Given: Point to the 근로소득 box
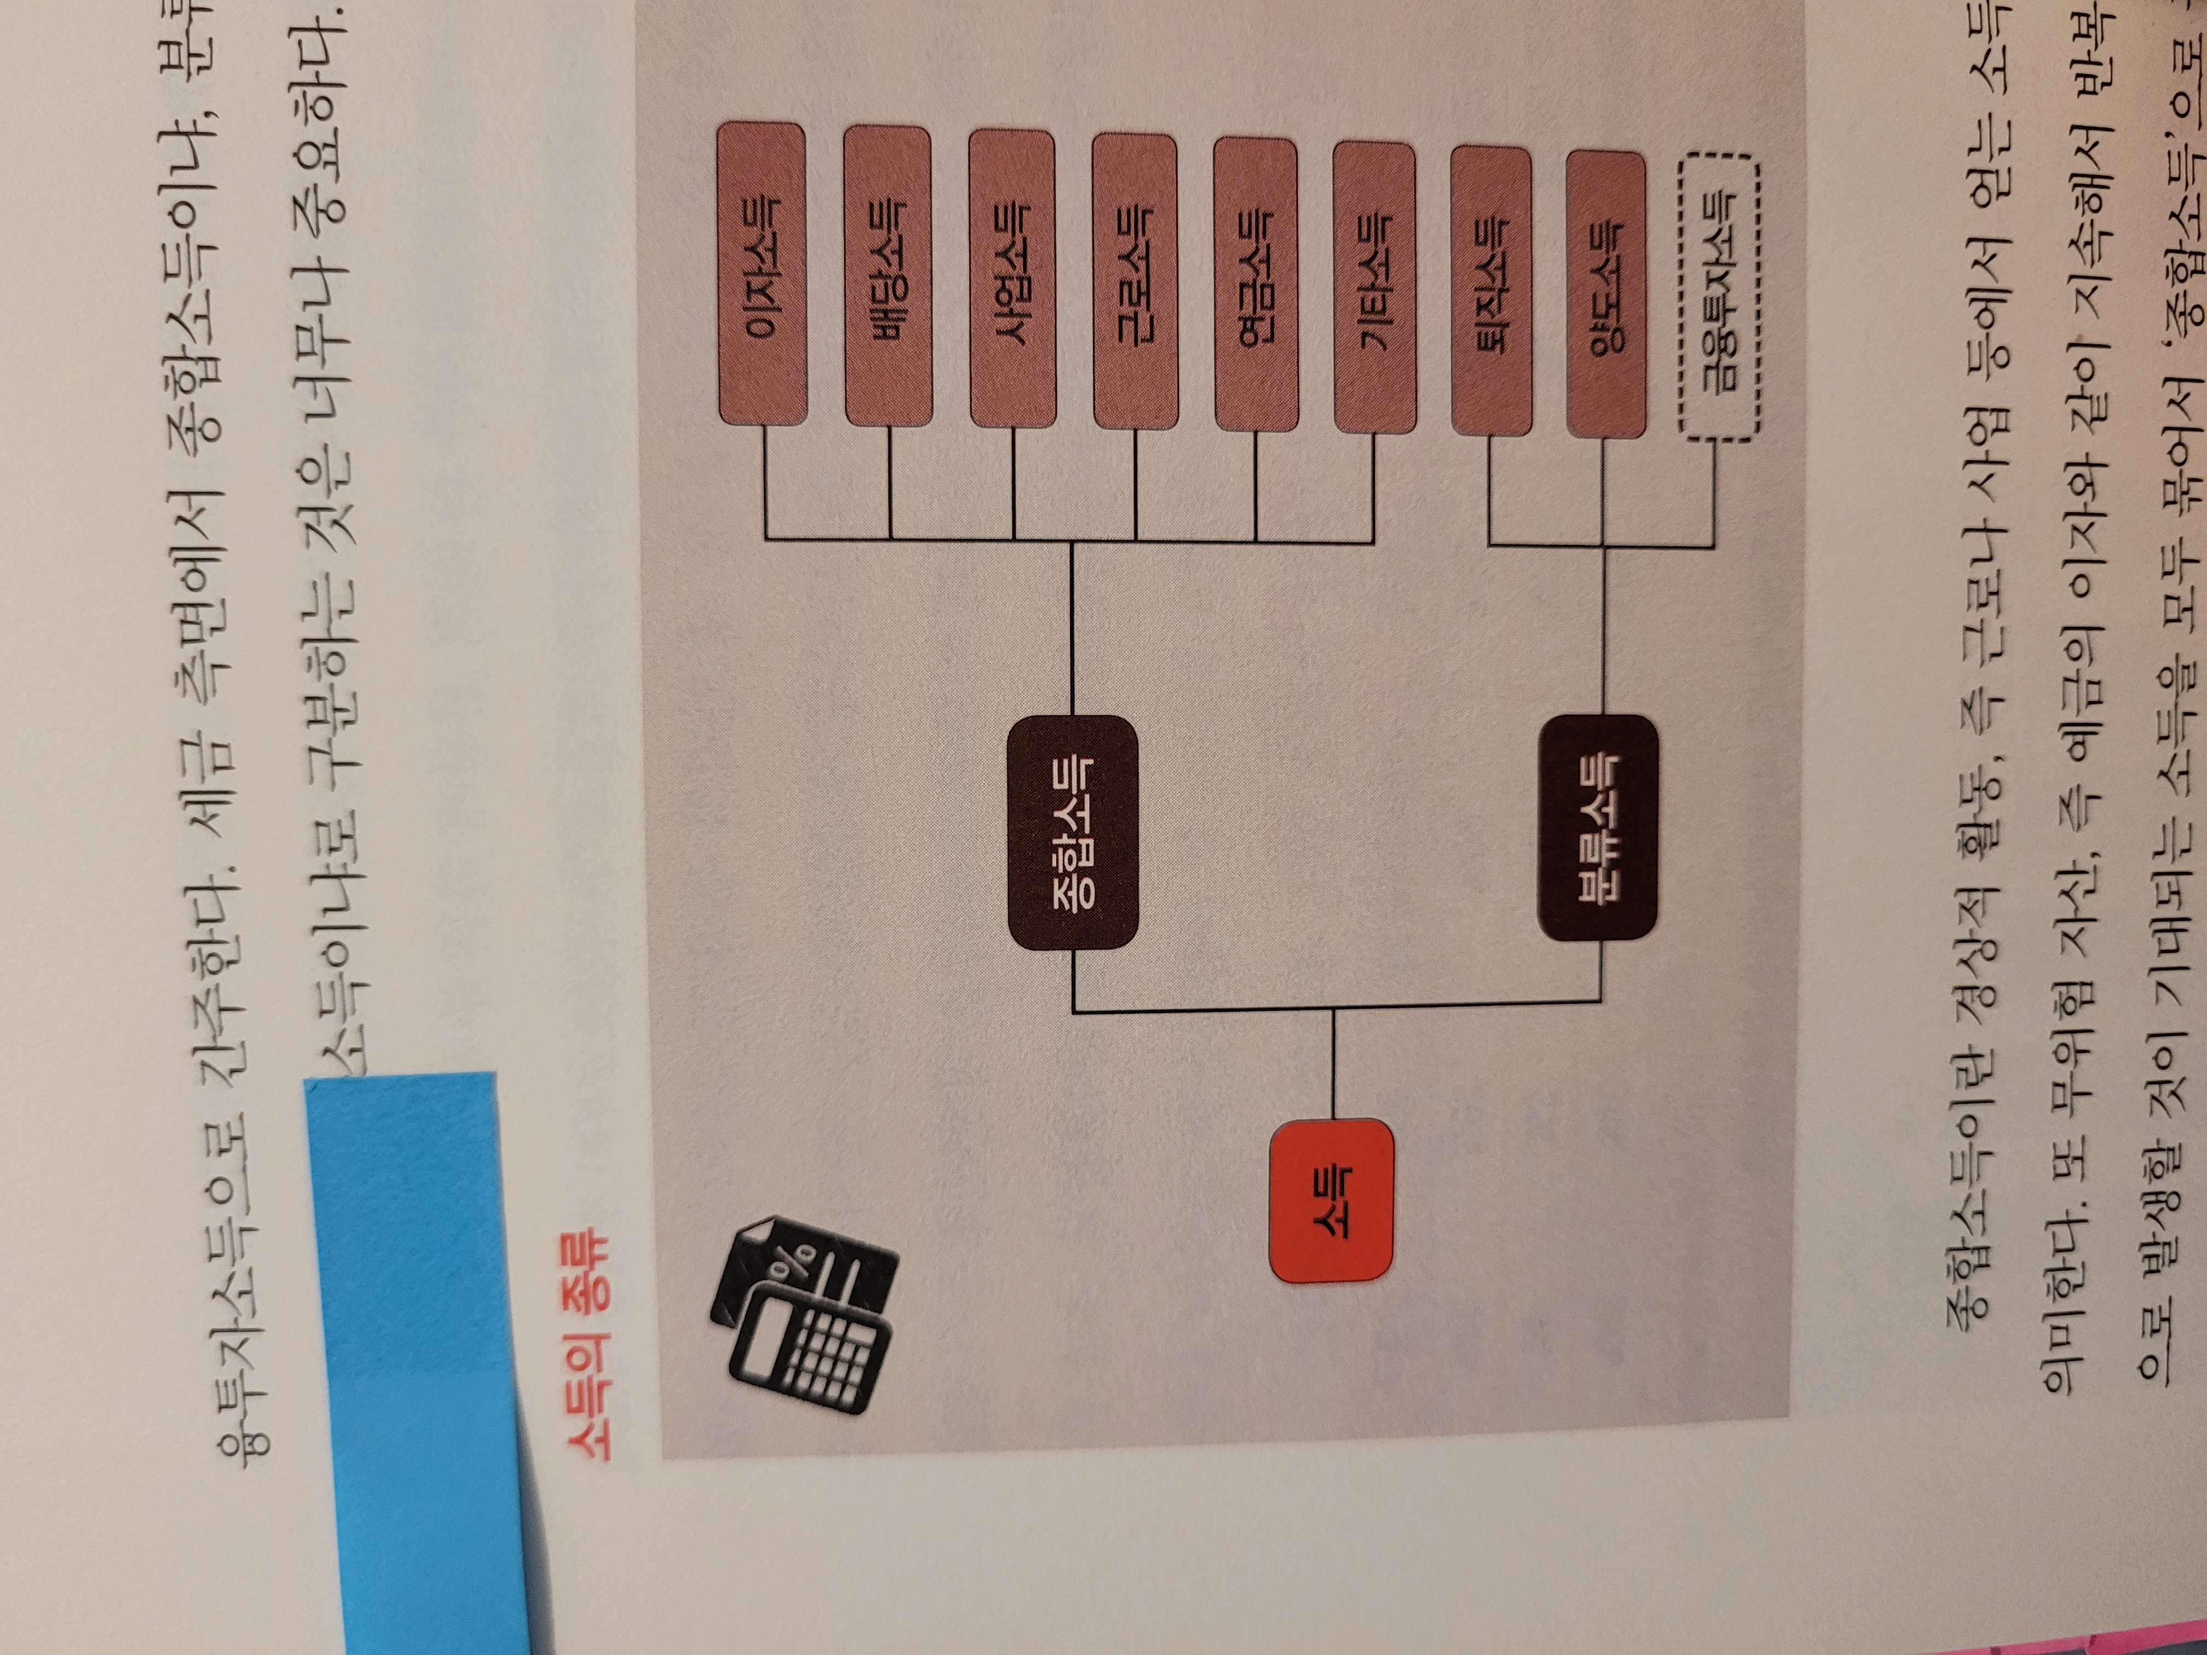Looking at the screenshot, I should (x=1135, y=281).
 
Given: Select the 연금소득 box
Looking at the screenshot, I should (x=1255, y=284).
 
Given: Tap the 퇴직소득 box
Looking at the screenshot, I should (x=1490, y=290).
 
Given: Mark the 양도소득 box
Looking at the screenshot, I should (x=1605, y=294).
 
